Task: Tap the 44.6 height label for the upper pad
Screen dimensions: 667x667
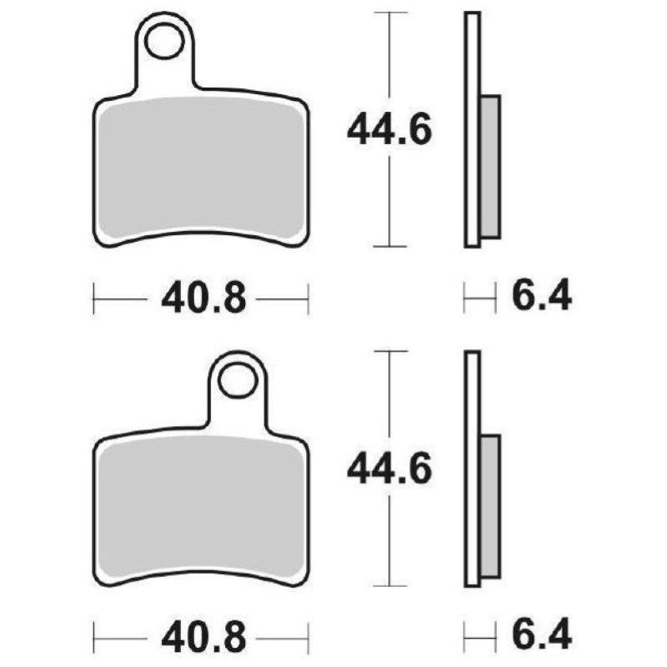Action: pyautogui.click(x=389, y=130)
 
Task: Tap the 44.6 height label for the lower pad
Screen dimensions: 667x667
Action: pyautogui.click(x=389, y=471)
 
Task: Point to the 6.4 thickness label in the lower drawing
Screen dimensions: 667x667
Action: pyautogui.click(x=543, y=638)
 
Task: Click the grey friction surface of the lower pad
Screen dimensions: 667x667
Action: pyautogui.click(x=200, y=509)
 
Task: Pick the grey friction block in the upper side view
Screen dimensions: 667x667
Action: pyautogui.click(x=491, y=167)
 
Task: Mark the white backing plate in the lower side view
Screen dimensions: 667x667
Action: pyautogui.click(x=472, y=467)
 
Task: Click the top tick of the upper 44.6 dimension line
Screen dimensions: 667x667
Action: pyautogui.click(x=389, y=13)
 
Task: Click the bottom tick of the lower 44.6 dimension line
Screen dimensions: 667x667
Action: pyautogui.click(x=389, y=587)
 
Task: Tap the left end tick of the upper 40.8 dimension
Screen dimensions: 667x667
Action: pyautogui.click(x=94, y=298)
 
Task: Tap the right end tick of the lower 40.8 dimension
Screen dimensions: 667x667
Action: pyautogui.click(x=308, y=639)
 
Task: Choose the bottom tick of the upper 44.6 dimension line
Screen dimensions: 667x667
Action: pyautogui.click(x=389, y=246)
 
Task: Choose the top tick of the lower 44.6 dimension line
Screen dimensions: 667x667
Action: pyautogui.click(x=389, y=352)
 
